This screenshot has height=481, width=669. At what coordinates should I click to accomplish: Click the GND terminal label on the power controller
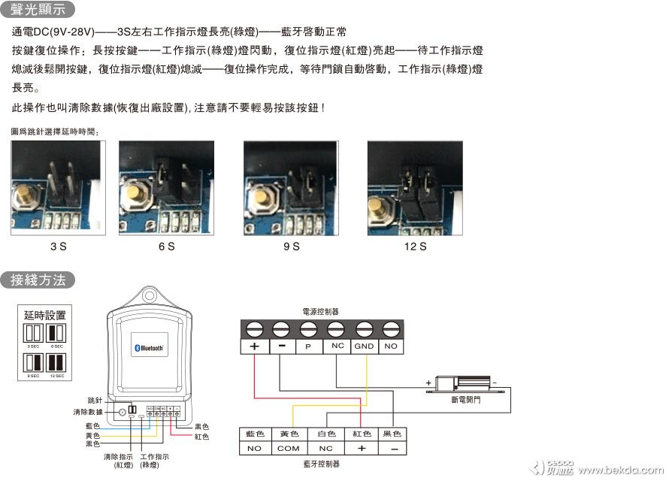coord(364,346)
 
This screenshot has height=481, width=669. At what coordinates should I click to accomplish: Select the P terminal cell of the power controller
coord(308,346)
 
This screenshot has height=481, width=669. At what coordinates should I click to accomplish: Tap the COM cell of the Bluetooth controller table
coord(289,448)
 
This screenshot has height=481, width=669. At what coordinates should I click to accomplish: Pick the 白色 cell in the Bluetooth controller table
coord(325,434)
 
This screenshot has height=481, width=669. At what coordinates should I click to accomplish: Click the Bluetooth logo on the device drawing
coord(149,348)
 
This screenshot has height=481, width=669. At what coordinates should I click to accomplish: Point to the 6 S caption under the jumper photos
coord(166,247)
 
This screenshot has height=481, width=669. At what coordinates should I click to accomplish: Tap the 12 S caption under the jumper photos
coord(415,247)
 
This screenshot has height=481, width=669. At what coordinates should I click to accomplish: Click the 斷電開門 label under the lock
coord(466,401)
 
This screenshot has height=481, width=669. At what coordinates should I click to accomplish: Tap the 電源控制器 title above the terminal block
coord(320,310)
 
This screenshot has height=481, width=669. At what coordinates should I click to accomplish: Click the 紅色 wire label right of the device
coord(201,436)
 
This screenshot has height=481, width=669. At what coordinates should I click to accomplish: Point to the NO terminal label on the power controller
coord(390,346)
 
